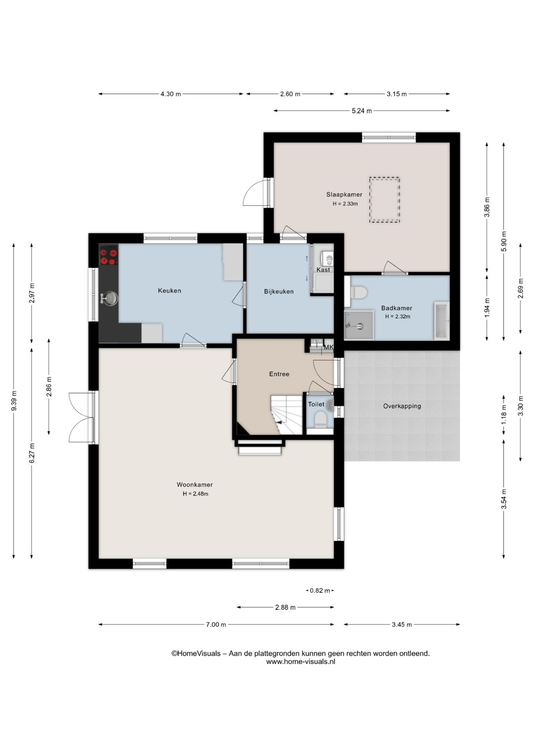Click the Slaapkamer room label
tap(344, 194)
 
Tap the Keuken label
tap(170, 291)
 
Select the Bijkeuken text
tap(279, 292)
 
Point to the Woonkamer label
tap(195, 485)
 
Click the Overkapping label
tap(402, 406)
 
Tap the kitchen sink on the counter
tap(109, 298)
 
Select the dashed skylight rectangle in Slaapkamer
tap(384, 200)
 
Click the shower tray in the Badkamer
tap(359, 325)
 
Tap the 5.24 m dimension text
tap(362, 111)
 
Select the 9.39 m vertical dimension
tap(13, 401)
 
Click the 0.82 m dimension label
tap(320, 590)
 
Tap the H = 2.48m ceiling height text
tap(195, 494)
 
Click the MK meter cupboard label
tap(328, 347)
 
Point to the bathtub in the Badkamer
tap(442, 321)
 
